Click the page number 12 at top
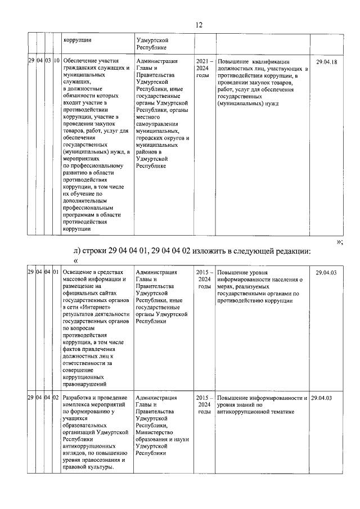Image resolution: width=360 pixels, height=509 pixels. click(198, 25)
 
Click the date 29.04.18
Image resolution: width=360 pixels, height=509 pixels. click(327, 62)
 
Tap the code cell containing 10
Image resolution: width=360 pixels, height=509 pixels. click(56, 62)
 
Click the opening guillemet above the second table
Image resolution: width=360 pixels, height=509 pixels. click(77, 260)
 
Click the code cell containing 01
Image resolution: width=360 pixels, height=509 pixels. click(56, 272)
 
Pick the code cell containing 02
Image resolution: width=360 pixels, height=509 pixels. click(56, 398)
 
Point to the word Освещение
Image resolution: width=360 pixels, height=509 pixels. click(79, 272)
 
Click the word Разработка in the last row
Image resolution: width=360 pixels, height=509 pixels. click(79, 398)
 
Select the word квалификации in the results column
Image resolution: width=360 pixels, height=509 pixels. click(269, 62)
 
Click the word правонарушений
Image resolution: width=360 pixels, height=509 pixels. click(85, 384)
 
